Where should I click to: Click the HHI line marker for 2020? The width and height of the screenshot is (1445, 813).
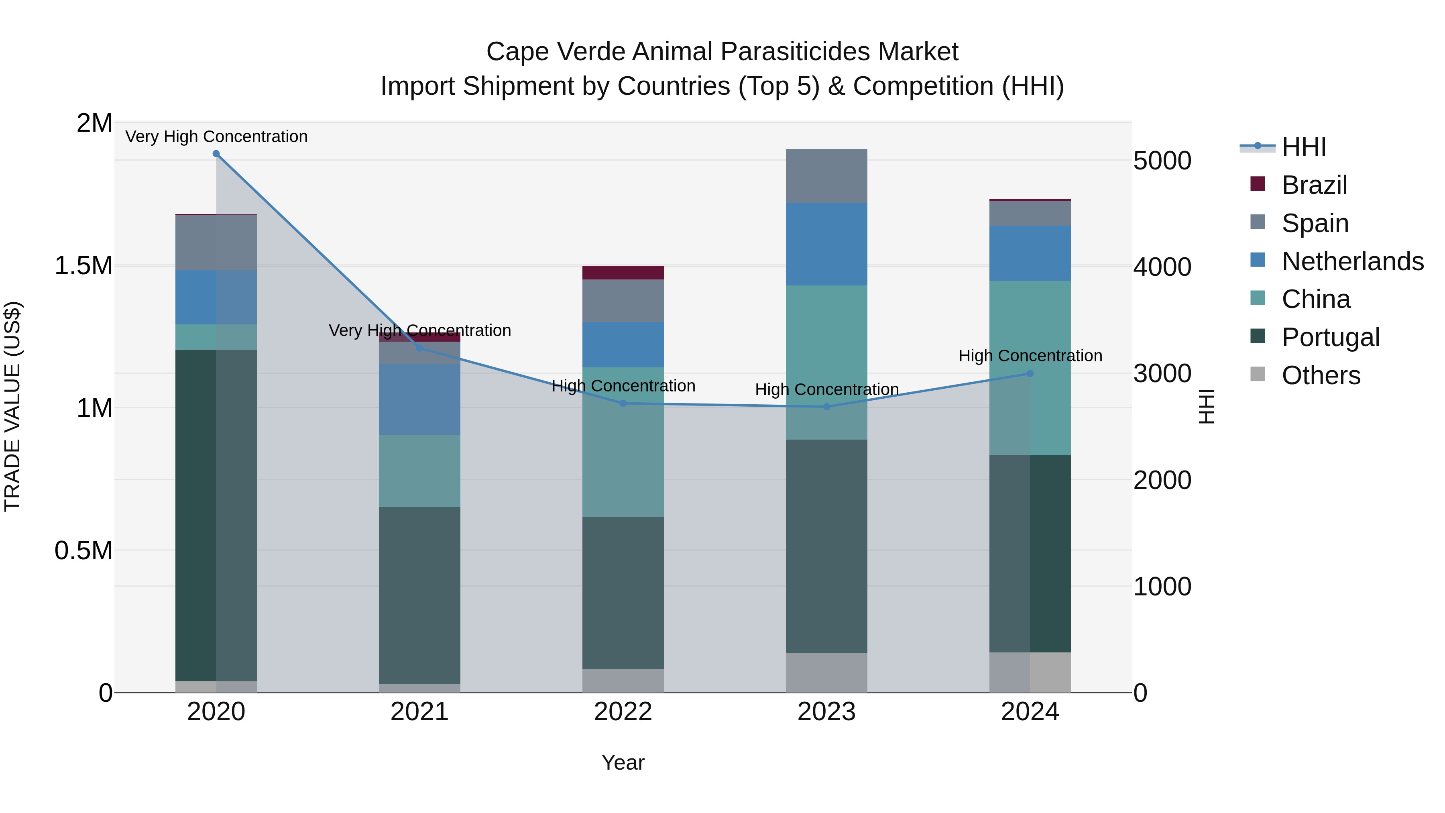point(216,154)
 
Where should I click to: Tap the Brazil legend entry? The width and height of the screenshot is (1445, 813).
point(1314,185)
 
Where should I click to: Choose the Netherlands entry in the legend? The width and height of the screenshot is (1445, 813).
point(1352,261)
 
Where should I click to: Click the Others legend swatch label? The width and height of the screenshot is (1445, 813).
point(1321,375)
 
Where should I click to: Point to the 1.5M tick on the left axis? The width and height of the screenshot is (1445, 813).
point(83,265)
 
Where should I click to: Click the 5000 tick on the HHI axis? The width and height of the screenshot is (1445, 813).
point(1162,161)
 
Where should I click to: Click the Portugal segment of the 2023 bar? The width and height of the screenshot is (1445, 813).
point(826,546)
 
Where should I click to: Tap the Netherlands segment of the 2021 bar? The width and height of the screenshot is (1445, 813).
point(419,399)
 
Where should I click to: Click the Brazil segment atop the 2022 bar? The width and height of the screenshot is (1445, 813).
point(623,273)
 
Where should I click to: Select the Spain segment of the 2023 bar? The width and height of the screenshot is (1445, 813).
point(826,175)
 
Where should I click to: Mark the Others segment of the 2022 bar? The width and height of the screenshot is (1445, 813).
point(623,681)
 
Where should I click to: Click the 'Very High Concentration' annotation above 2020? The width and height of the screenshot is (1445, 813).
point(216,137)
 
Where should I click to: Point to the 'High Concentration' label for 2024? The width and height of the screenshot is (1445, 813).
point(1030,356)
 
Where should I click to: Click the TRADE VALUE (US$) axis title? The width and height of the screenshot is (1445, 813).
point(12,406)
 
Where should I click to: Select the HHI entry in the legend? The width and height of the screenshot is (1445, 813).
point(1303,147)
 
